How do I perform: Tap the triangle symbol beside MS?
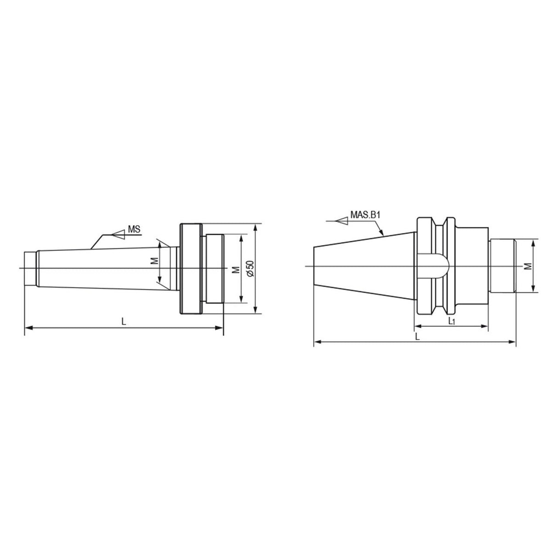coord(119,234)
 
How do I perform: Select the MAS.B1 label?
coord(365,215)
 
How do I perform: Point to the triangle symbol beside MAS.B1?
coord(342,222)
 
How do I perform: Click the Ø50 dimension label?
coord(251,268)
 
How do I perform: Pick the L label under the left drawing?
coord(124,321)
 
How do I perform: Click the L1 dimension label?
coord(451,321)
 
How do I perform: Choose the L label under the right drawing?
coord(417,336)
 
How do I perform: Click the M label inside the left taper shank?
coord(156,261)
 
